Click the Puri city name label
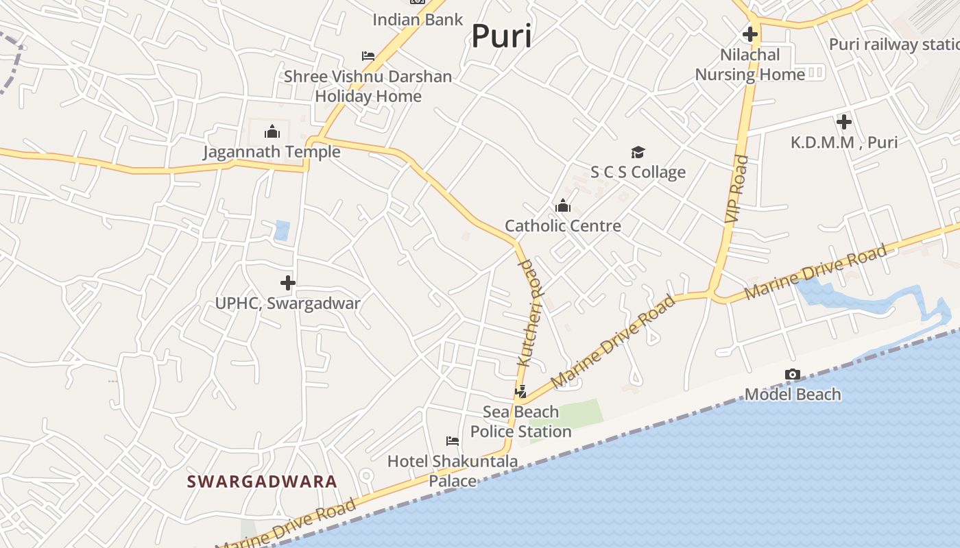(x=501, y=36)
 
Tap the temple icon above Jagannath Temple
(x=272, y=131)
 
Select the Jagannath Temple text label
(x=272, y=151)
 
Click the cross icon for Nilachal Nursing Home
(x=749, y=34)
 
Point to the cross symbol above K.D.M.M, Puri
(x=843, y=122)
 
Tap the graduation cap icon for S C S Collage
(x=638, y=152)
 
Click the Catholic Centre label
(x=562, y=225)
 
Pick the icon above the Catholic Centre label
(x=562, y=206)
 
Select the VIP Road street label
(x=736, y=188)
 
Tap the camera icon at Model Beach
(x=792, y=374)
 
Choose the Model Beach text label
(x=792, y=394)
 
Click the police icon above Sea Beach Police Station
(x=520, y=392)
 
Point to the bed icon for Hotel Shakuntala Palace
(x=452, y=440)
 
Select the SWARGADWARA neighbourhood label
(x=262, y=482)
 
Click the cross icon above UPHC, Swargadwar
(x=287, y=282)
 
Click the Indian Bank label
(x=418, y=19)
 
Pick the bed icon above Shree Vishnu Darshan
(x=368, y=55)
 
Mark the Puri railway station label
(x=893, y=45)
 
